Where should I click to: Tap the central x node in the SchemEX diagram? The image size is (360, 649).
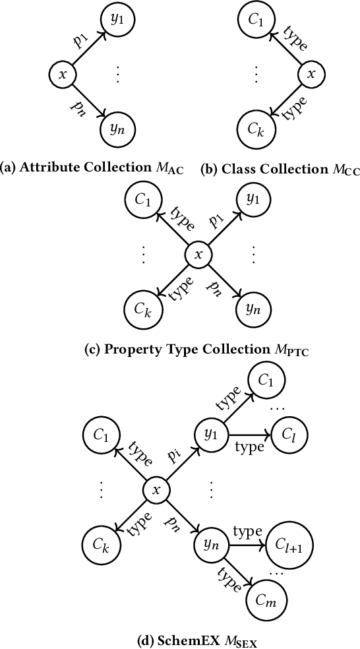pos(156,490)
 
